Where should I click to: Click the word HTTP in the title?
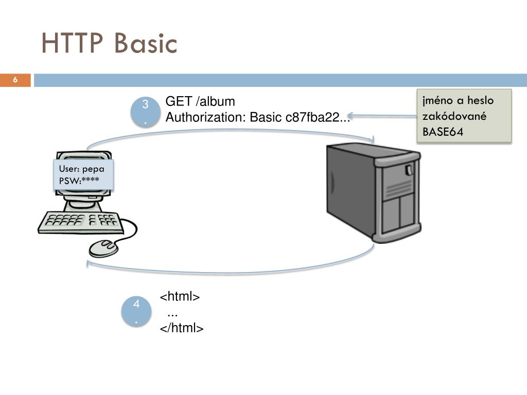click(72, 43)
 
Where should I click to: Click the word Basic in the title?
click(146, 43)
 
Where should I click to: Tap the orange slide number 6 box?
click(15, 80)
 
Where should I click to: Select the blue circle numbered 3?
click(145, 112)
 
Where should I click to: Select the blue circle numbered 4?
click(136, 311)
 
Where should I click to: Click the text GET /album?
click(200, 101)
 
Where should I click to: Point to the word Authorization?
click(206, 117)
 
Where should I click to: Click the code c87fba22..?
click(312, 117)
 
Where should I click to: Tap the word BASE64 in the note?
click(443, 132)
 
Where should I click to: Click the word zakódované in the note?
click(454, 116)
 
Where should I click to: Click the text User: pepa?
click(82, 169)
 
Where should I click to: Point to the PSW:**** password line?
click(79, 181)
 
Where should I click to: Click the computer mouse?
click(104, 248)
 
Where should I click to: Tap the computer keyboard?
click(81, 222)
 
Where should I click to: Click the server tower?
click(374, 192)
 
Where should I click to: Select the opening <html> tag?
click(180, 297)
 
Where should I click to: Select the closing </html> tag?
click(182, 328)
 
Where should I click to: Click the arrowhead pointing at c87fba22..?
click(350, 116)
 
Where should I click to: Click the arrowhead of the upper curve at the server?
click(372, 139)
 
